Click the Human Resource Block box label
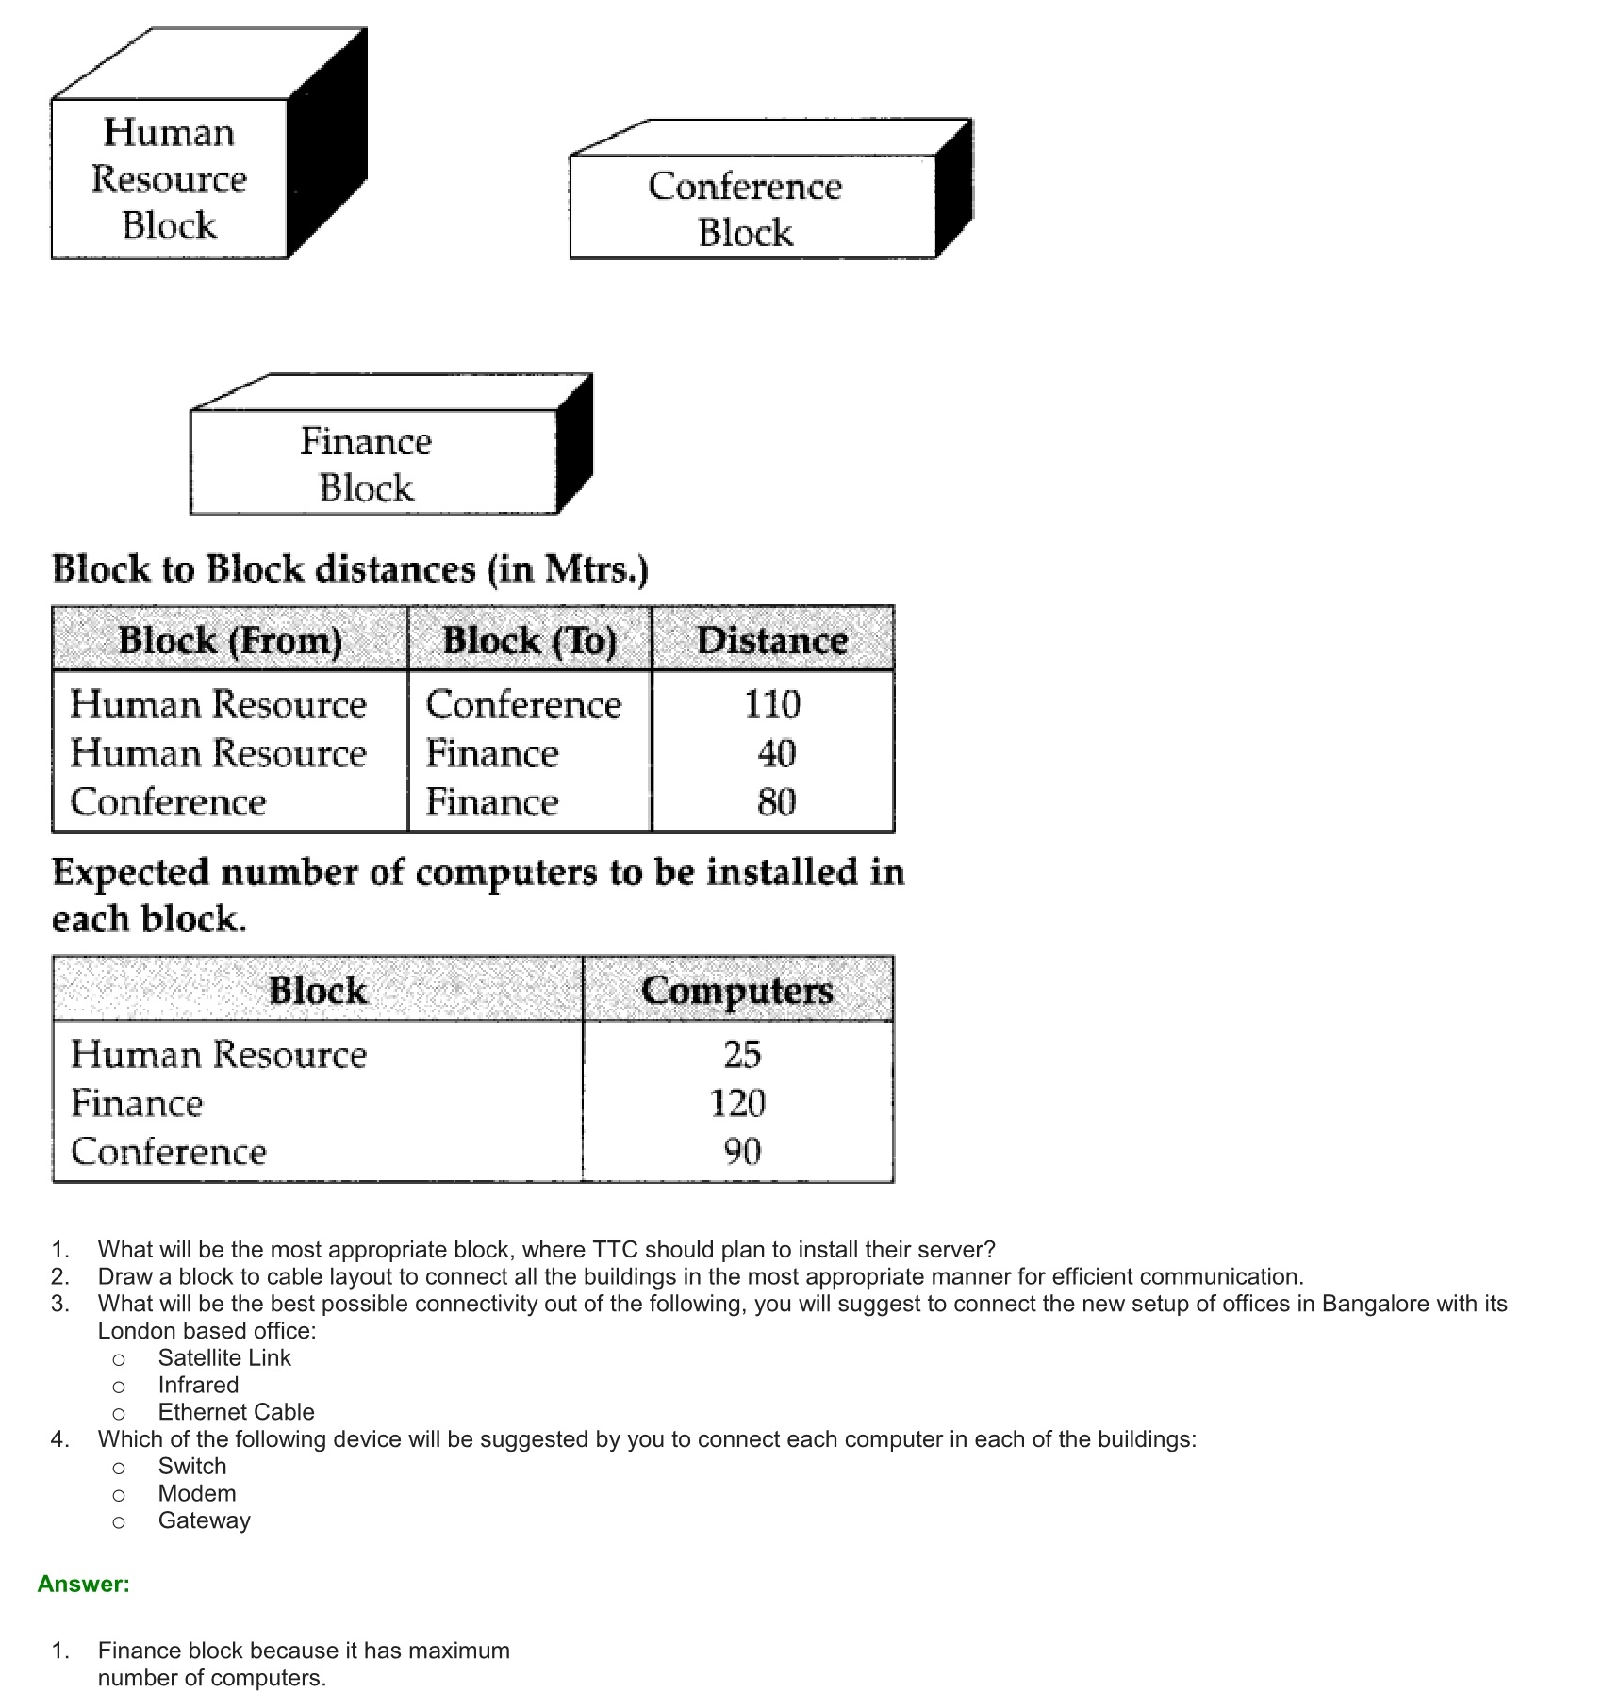click(169, 179)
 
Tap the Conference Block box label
click(745, 208)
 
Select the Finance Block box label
click(366, 465)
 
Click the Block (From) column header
click(230, 641)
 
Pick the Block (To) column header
click(529, 641)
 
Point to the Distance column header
click(772, 641)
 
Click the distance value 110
click(772, 704)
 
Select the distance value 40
click(776, 753)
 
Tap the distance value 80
click(776, 802)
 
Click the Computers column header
click(737, 991)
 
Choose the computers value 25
click(742, 1054)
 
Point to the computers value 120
click(737, 1103)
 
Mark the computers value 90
click(742, 1151)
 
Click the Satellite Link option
click(224, 1357)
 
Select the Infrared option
click(198, 1385)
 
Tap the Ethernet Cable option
click(236, 1412)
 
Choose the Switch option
click(192, 1466)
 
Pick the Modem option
click(197, 1493)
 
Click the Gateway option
click(204, 1520)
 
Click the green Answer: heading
click(84, 1584)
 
